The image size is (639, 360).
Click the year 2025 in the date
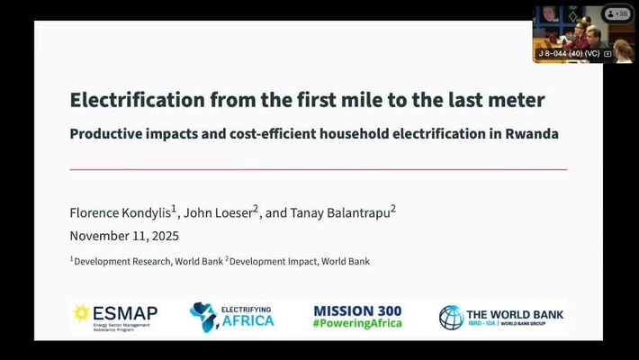pyautogui.click(x=164, y=236)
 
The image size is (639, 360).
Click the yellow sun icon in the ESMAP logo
pyautogui.click(x=81, y=312)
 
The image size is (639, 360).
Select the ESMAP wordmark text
pyautogui.click(x=125, y=312)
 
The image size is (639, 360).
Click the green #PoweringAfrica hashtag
pyautogui.click(x=357, y=325)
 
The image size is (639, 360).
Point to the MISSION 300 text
pyautogui.click(x=357, y=310)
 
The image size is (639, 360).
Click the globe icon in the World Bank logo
pyautogui.click(x=451, y=317)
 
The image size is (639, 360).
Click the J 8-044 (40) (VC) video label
pyautogui.click(x=569, y=54)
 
